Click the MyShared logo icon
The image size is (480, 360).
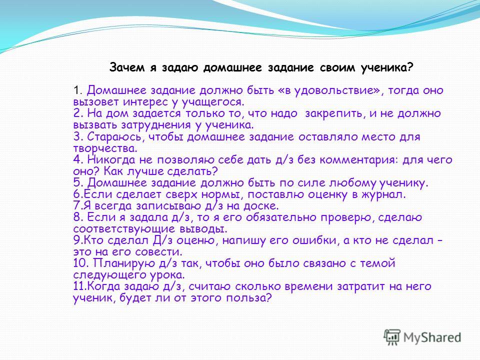pyautogui.click(x=392, y=337)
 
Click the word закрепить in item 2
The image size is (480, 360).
pyautogui.click(x=333, y=114)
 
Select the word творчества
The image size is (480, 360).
pyautogui.click(x=105, y=148)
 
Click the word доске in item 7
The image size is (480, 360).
pyautogui.click(x=261, y=205)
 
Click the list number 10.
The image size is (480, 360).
pyautogui.click(x=81, y=263)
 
